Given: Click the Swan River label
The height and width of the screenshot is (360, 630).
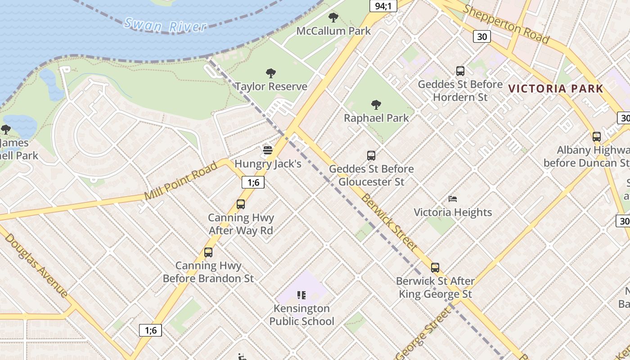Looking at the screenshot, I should pyautogui.click(x=165, y=25).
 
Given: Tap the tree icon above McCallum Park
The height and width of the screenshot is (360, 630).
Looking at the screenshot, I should pyautogui.click(x=333, y=18).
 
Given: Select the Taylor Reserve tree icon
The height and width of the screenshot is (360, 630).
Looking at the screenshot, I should pyautogui.click(x=271, y=73).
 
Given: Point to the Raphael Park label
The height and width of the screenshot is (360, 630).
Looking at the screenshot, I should pyautogui.click(x=376, y=118).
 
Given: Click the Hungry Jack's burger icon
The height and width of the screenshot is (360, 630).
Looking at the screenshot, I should pyautogui.click(x=268, y=150).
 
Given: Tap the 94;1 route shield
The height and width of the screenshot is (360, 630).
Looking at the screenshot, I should pyautogui.click(x=383, y=6).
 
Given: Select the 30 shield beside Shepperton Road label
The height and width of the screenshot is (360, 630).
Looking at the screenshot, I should pyautogui.click(x=481, y=36).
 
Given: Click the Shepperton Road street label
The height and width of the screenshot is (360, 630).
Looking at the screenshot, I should pyautogui.click(x=506, y=24).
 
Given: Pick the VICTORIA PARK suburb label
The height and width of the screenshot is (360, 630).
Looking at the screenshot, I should pyautogui.click(x=555, y=89).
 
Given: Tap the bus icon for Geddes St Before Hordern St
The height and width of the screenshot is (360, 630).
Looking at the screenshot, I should pyautogui.click(x=460, y=71).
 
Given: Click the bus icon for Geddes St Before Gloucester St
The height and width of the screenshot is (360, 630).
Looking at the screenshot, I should pyautogui.click(x=371, y=156).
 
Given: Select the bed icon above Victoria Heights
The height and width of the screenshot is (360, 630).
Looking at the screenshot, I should pyautogui.click(x=453, y=199).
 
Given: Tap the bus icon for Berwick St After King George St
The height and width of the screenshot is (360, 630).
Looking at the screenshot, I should pyautogui.click(x=435, y=268).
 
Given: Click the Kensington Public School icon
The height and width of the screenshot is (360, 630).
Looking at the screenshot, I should pyautogui.click(x=301, y=295).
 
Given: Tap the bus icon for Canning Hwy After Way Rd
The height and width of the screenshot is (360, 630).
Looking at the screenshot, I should pyautogui.click(x=241, y=204).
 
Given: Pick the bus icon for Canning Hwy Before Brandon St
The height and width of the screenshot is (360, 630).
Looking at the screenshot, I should pyautogui.click(x=208, y=252).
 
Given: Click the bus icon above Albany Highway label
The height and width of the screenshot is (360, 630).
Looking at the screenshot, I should pyautogui.click(x=596, y=137).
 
